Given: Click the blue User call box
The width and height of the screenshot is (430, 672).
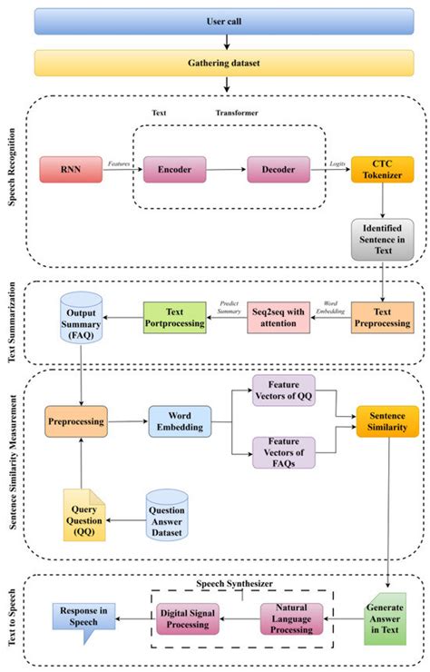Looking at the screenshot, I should [x=222, y=21].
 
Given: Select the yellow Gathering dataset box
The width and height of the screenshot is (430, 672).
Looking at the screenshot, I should [x=222, y=63].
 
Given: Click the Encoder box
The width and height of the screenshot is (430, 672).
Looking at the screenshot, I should [x=173, y=169].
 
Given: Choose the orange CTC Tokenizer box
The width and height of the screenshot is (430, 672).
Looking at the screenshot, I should [x=381, y=169].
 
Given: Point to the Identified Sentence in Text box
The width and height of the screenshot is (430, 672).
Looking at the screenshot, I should [x=382, y=240].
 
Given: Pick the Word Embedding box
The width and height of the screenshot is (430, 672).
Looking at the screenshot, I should [x=183, y=421].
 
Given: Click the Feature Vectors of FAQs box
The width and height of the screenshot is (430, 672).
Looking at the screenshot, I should [x=283, y=451].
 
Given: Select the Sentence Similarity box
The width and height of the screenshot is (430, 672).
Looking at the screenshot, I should [x=387, y=420].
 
